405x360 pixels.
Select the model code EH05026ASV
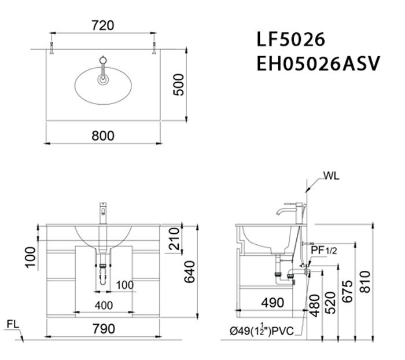[317, 63]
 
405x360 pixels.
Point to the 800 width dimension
[103, 135]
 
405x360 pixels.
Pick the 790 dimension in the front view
[103, 329]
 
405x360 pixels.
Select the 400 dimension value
[104, 304]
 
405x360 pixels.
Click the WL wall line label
[332, 174]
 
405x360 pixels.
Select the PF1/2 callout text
[324, 250]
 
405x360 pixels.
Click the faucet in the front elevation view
[104, 214]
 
